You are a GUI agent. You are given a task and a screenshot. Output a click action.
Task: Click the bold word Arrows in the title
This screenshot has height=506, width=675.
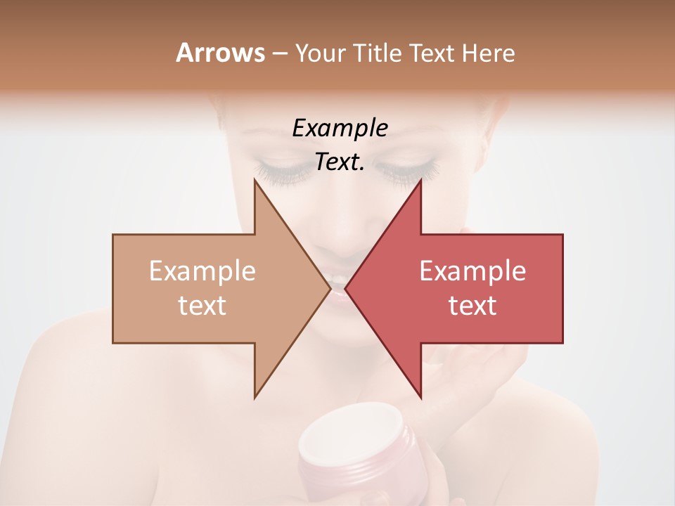[220, 53]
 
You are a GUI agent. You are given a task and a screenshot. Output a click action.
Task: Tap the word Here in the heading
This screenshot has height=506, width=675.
[488, 53]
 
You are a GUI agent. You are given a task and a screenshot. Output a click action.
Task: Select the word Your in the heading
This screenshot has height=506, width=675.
[321, 53]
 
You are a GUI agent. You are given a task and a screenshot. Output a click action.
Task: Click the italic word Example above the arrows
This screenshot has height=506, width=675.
[340, 129]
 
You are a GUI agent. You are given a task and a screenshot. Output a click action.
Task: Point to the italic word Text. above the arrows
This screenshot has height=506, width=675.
[340, 162]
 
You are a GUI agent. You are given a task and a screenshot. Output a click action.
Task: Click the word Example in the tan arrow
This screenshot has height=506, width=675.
[202, 271]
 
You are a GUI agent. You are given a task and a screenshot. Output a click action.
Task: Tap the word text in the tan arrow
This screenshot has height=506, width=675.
[202, 306]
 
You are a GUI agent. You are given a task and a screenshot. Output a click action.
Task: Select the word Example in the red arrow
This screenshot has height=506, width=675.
[472, 271]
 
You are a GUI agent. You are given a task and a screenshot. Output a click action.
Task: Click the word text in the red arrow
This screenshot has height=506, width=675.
[472, 306]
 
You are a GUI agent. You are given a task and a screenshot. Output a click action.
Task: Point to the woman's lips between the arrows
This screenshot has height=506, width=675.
[338, 287]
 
